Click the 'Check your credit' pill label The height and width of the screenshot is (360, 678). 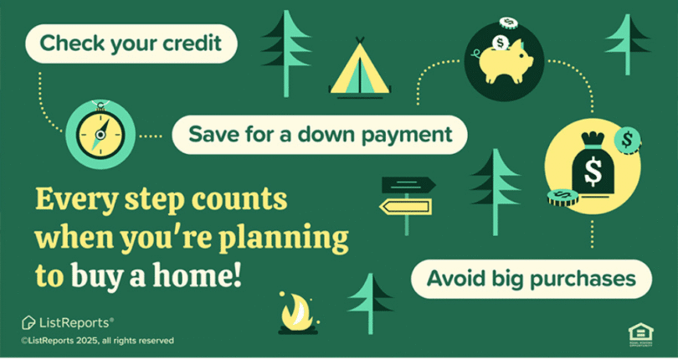pyautogui.click(x=130, y=44)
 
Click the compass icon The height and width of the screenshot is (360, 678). pyautogui.click(x=100, y=133)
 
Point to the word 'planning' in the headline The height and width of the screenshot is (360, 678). pyautogui.click(x=288, y=239)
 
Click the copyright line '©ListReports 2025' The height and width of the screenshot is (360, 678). pyautogui.click(x=98, y=341)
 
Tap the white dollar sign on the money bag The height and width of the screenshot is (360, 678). pyautogui.click(x=593, y=172)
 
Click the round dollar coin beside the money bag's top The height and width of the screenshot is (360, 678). pyautogui.click(x=626, y=138)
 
